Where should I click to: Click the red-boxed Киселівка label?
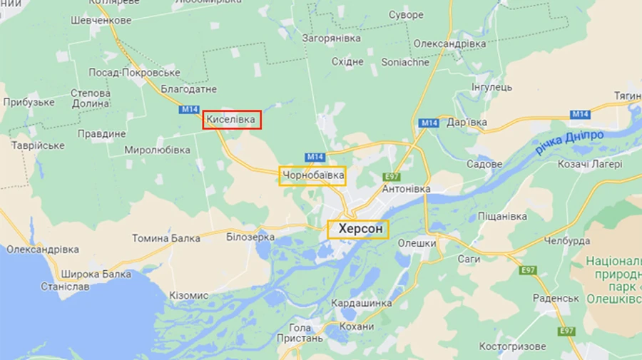click(232, 120)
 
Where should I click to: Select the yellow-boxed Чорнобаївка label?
click(313, 175)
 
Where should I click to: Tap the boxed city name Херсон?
click(358, 229)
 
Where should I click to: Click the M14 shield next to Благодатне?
click(189, 110)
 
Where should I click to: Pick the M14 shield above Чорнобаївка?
click(315, 157)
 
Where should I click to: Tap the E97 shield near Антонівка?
click(392, 176)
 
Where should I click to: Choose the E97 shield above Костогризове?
click(567, 331)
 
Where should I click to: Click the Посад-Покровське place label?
click(134, 73)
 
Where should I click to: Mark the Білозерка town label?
click(250, 237)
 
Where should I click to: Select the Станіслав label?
click(65, 287)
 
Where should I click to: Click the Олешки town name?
click(417, 243)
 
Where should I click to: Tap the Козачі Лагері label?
click(590, 163)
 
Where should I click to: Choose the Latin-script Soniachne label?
click(405, 62)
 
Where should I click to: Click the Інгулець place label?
click(491, 88)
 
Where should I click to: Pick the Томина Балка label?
click(166, 238)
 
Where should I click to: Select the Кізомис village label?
click(189, 295)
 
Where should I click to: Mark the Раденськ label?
click(556, 298)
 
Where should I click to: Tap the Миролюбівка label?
click(157, 150)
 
